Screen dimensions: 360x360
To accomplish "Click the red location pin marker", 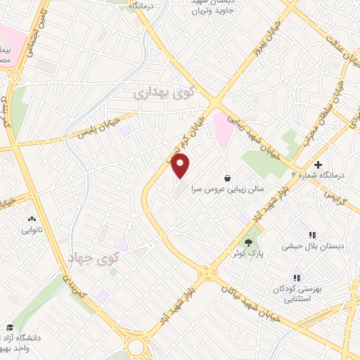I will (x=181, y=167).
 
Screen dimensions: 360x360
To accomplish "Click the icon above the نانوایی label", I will (x=32, y=218).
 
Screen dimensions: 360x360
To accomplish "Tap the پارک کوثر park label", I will (x=248, y=254).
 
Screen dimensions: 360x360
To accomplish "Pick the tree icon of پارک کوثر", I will (x=247, y=242).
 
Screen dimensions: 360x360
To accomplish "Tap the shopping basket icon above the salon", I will (x=226, y=178).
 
